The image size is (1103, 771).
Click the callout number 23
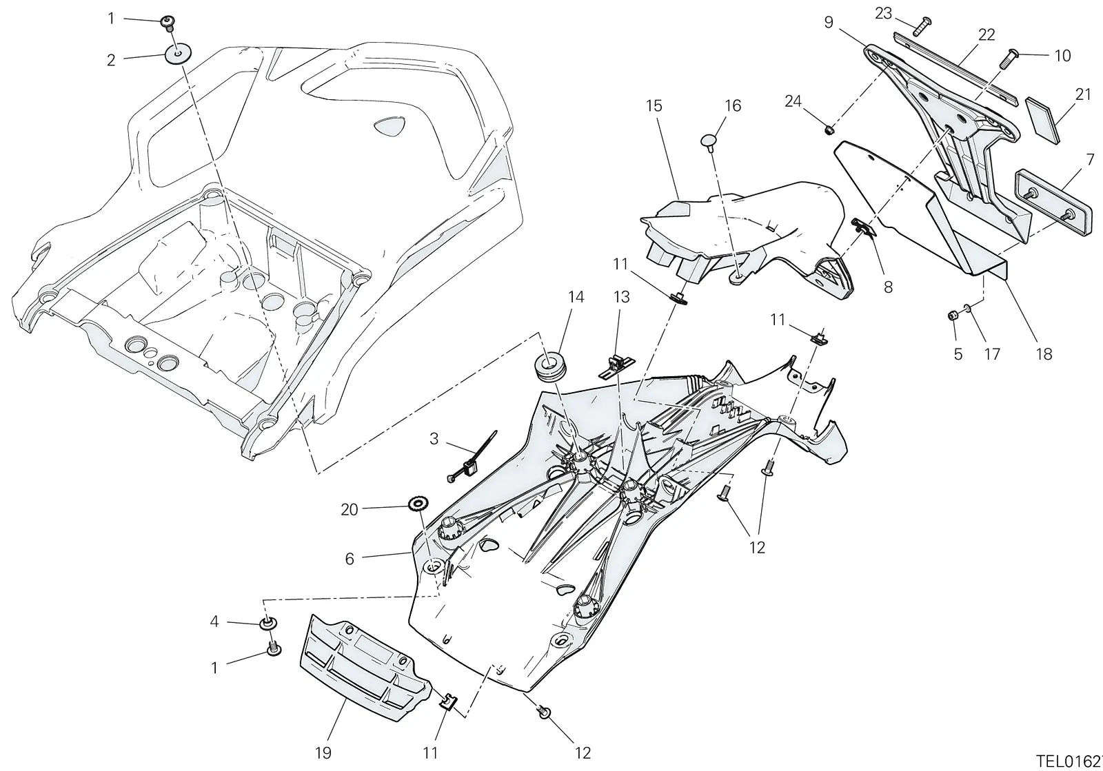[x=883, y=14]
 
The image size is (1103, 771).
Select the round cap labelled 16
[x=711, y=141]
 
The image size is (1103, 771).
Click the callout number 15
[x=654, y=106]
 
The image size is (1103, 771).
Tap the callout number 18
[x=1044, y=354]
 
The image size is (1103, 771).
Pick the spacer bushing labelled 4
[x=268, y=623]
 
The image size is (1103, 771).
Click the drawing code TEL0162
[x=1069, y=761]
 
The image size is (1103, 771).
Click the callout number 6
[x=350, y=559]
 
